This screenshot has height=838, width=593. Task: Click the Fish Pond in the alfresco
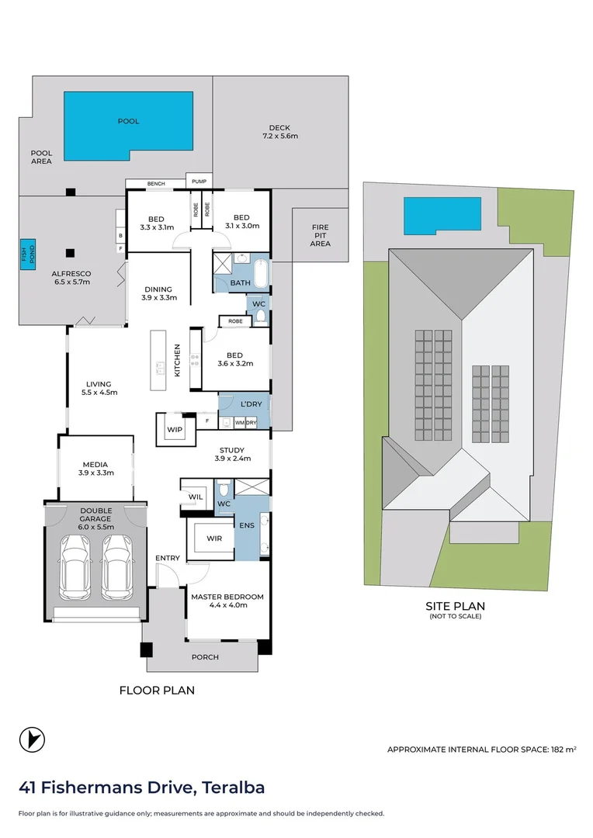tap(28, 255)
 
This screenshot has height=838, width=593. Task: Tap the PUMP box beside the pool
tap(199, 181)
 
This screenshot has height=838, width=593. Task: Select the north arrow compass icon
tap(32, 740)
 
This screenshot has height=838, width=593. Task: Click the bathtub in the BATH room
tap(262, 273)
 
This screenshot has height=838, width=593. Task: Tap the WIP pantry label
tap(175, 430)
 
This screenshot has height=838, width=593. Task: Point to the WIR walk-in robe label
tap(214, 538)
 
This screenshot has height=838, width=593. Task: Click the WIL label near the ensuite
tap(196, 497)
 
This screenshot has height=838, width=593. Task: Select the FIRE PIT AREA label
tap(321, 235)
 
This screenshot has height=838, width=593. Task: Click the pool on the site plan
tap(442, 216)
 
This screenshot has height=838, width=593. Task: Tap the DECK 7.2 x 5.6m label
tap(280, 132)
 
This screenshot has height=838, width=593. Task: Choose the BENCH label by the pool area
tap(156, 184)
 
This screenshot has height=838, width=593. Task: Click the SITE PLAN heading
tap(455, 606)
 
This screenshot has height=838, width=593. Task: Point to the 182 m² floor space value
tap(564, 750)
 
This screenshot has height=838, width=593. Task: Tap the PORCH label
tap(206, 657)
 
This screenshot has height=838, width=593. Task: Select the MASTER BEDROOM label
tap(227, 597)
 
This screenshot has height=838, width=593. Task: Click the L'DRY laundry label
tap(251, 404)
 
